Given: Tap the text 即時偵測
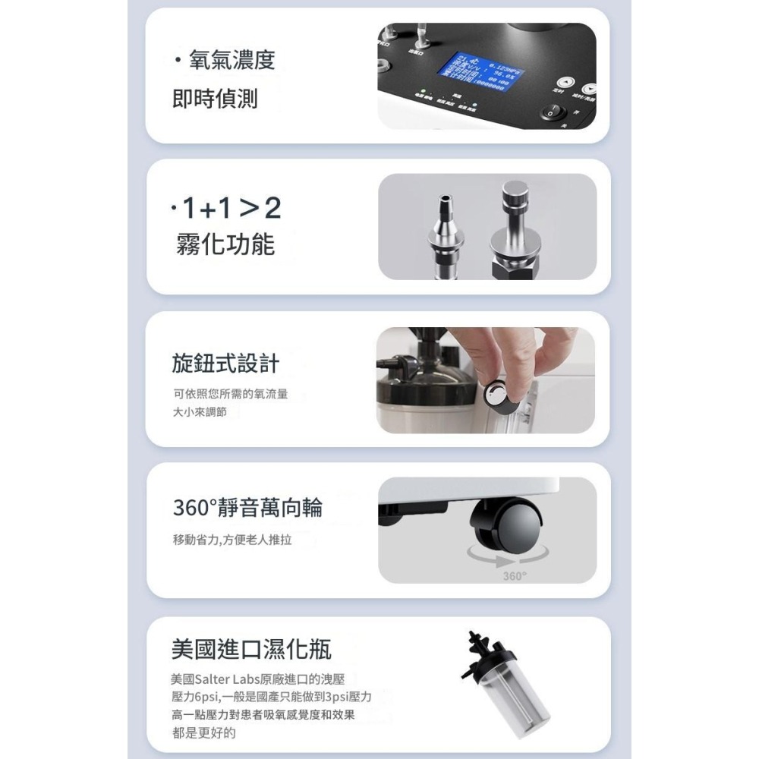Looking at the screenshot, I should pos(215,99).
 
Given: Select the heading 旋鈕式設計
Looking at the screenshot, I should pos(225,364).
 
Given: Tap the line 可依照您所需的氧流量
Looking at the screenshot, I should pos(231,395).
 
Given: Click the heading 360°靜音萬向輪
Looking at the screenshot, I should pos(247,507).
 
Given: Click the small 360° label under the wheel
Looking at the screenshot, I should pos(514,576).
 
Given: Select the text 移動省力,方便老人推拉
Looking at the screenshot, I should pos(231,540).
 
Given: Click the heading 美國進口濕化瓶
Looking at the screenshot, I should pos(251,650).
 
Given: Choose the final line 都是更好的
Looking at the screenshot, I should pos(204,732).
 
